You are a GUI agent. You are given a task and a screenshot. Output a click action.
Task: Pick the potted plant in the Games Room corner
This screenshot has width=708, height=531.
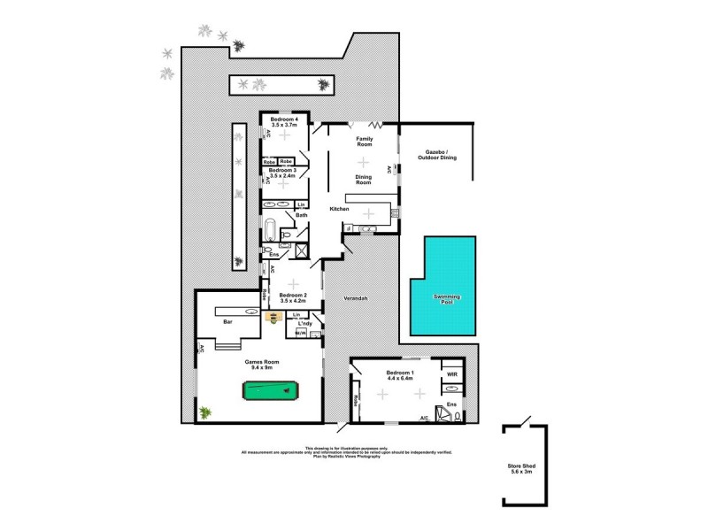click(x=206, y=412)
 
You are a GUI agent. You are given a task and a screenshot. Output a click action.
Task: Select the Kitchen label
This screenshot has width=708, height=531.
click(x=340, y=209)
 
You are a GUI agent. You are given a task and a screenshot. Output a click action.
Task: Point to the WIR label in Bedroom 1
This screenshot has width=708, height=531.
click(x=451, y=374)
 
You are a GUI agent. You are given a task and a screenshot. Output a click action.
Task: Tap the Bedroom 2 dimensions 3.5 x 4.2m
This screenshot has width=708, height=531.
click(x=293, y=302)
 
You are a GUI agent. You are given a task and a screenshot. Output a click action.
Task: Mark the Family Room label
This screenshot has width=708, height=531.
click(x=364, y=142)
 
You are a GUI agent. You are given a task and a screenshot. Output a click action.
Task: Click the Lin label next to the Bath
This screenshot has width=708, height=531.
click(x=302, y=205)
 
